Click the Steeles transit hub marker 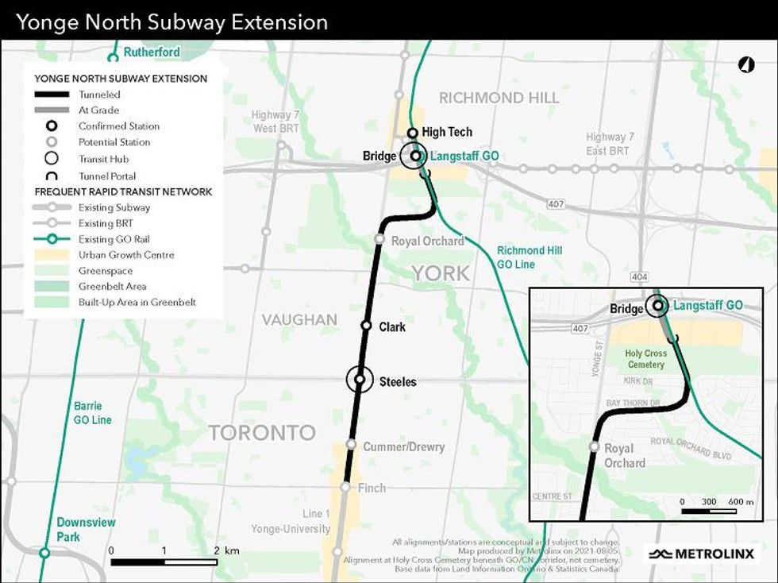coord(360,380)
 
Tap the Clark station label coord(392,326)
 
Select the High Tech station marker coord(413,133)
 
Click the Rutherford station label coord(152,52)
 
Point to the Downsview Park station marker coord(45,553)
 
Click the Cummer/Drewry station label coord(403,447)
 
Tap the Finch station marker coord(345,487)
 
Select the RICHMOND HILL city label coord(499,98)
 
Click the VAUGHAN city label coord(300,319)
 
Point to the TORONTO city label coord(262,433)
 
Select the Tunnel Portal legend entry coord(107,176)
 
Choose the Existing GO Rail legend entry coord(114,239)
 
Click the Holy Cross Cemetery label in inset coord(644,359)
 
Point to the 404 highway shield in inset coord(640,276)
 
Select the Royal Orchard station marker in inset coord(594,446)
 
